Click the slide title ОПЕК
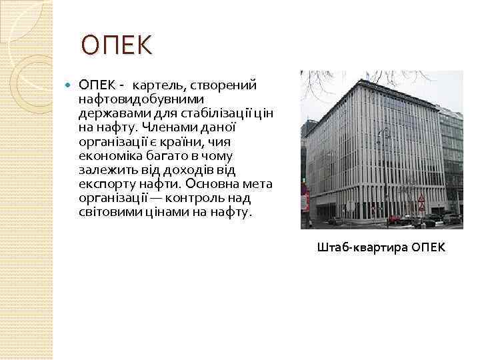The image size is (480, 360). click(117, 47)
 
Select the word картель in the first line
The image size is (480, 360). click(159, 85)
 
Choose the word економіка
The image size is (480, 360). click(109, 155)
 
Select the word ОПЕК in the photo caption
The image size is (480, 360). click(429, 248)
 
